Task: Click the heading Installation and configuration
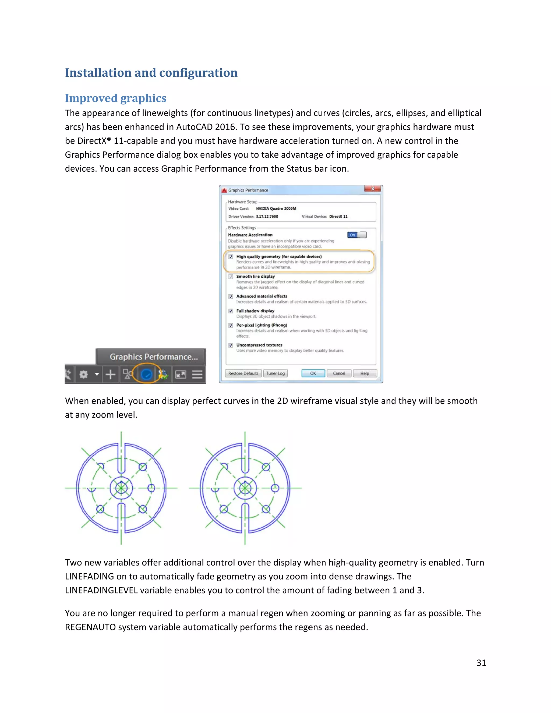coord(151,73)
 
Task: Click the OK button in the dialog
coord(313,373)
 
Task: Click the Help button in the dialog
coord(365,373)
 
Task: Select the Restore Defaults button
coord(243,373)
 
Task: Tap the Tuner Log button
coord(275,373)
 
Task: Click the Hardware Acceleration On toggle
coord(357,235)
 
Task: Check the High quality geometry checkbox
coord(231,257)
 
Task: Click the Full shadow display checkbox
coord(231,311)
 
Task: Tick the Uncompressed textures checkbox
coord(231,345)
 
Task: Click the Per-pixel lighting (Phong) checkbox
coord(231,325)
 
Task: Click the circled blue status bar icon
coord(147,375)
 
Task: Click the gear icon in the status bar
coord(84,375)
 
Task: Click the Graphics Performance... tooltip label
coord(153,357)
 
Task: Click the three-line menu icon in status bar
coord(197,375)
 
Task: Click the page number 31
coord(481,663)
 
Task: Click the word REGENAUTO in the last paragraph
coord(90,627)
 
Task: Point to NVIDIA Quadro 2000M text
coord(276,208)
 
